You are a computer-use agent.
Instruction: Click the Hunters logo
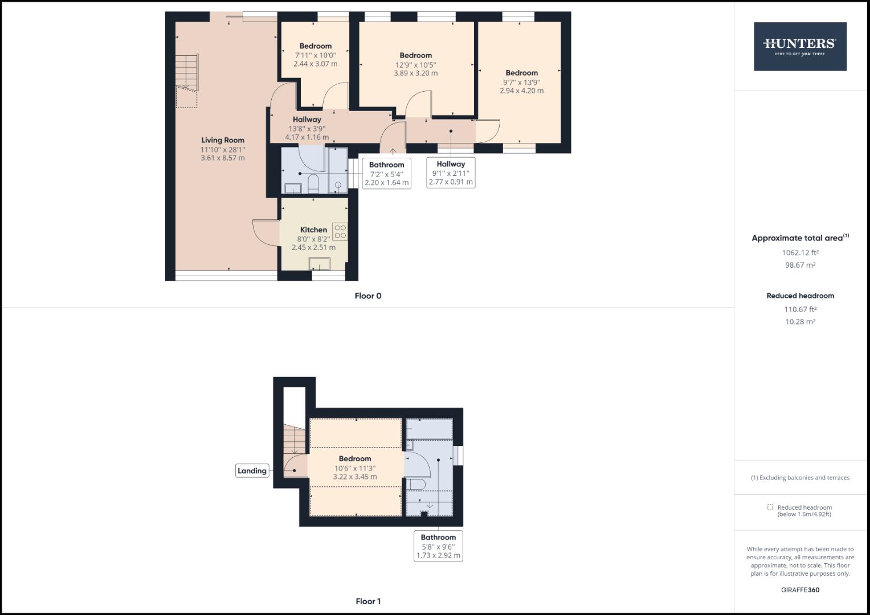pyautogui.click(x=800, y=47)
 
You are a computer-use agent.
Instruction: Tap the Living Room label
pyautogui.click(x=223, y=140)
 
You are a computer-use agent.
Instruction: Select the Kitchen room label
pyautogui.click(x=313, y=230)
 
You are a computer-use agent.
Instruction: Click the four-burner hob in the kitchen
pyautogui.click(x=340, y=231)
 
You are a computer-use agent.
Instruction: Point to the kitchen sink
pyautogui.click(x=319, y=264)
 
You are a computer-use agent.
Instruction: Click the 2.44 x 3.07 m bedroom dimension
pyautogui.click(x=315, y=64)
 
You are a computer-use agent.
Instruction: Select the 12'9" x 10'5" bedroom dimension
pyautogui.click(x=415, y=65)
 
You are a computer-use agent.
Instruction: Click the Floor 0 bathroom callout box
pyautogui.click(x=386, y=174)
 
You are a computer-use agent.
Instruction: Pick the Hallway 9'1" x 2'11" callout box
pyautogui.click(x=451, y=173)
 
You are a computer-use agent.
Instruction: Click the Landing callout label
pyautogui.click(x=252, y=471)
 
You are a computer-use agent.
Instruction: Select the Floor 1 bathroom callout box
pyautogui.click(x=438, y=546)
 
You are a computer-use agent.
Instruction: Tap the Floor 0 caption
pyautogui.click(x=367, y=296)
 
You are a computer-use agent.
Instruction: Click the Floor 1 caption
pyautogui.click(x=367, y=601)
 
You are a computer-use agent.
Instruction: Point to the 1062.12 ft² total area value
pyautogui.click(x=800, y=253)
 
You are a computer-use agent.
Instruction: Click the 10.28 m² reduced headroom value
pyautogui.click(x=800, y=322)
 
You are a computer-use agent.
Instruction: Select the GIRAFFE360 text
pyautogui.click(x=800, y=590)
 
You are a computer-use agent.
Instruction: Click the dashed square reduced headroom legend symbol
pyautogui.click(x=770, y=507)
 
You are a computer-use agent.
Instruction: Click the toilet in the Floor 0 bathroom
pyautogui.click(x=313, y=184)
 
